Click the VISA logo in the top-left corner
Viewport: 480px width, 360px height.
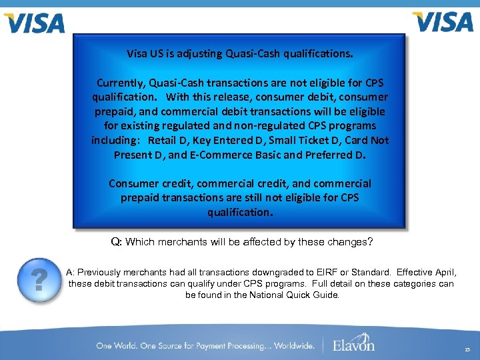click(x=34, y=23)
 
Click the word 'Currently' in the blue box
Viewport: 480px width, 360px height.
click(x=120, y=83)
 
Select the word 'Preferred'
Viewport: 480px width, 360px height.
click(x=329, y=155)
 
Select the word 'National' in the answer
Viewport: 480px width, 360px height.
click(x=263, y=295)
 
